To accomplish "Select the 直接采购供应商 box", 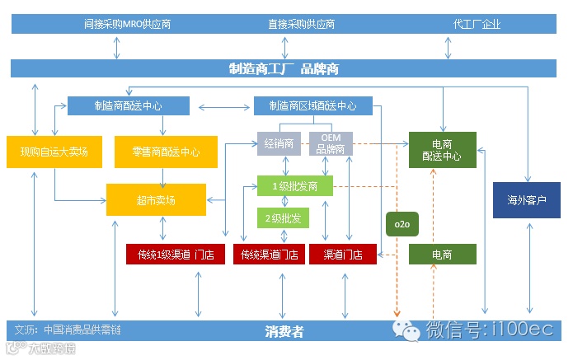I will point(301,24).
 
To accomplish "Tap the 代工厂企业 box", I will point(477,24).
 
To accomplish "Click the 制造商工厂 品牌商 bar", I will point(284,69).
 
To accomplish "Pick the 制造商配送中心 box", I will point(128,105).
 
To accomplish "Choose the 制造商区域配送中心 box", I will point(312,105).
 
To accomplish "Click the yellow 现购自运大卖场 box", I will point(54,152).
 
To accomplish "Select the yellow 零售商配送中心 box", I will point(165,152).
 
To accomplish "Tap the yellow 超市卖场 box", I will point(155,200).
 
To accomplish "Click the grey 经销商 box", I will point(279,143).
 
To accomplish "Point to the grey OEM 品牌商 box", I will point(330,143).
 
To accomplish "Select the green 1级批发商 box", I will point(294,185).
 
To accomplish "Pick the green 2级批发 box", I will point(283,218).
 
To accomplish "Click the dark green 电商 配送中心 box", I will point(442,151).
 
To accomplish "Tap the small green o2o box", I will point(402,224).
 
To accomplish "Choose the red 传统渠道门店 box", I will point(269,255).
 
